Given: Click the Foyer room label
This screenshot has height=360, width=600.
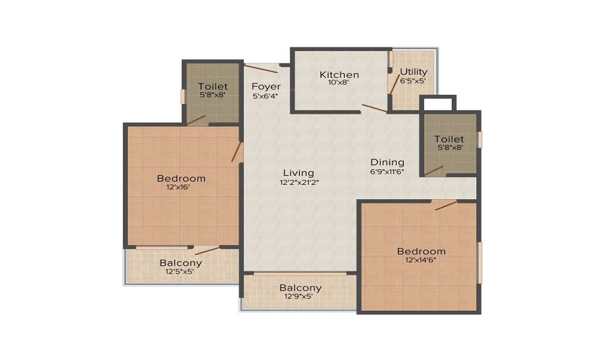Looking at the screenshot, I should pos(266,86).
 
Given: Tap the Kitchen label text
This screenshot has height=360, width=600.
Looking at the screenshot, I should pos(339,75).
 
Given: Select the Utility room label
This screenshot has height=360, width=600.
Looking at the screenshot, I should pos(413,72).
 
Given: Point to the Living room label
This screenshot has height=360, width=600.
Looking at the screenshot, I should pos(299,173).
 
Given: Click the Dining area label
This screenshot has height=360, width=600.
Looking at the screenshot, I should pos(387,162).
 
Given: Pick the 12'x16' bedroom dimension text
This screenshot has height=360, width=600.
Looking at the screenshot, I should pos(181,187).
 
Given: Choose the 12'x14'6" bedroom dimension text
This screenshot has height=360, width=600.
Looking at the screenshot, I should pos(421,260).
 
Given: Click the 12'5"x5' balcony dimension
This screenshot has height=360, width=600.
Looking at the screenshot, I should pos(180,271).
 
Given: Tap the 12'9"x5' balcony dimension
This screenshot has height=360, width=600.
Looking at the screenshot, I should pos(301,296).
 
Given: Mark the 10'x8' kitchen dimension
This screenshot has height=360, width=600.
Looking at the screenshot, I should pos(340,83).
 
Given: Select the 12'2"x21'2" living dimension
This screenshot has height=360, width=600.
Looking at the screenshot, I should pos(299,182).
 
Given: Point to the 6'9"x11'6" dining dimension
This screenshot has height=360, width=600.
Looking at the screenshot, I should pos(387,171).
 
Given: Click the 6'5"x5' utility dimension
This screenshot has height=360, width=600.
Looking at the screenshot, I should pos(413,80).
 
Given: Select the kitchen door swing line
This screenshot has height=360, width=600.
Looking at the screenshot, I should pos(374,109).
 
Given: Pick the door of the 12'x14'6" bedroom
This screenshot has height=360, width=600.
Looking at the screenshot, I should pos(445,205).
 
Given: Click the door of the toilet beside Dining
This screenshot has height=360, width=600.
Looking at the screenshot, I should pos(434,170).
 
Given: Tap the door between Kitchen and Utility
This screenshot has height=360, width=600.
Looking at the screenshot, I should pos(394,85).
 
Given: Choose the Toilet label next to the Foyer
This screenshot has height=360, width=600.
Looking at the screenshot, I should pos(213,86).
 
